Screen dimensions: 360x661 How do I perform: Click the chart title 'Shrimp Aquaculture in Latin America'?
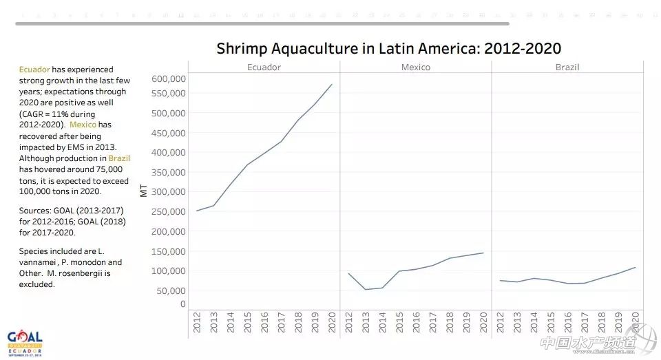pyautogui.click(x=388, y=48)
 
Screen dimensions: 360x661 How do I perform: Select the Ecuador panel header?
pyautogui.click(x=264, y=67)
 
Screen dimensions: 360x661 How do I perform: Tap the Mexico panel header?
pyautogui.click(x=415, y=67)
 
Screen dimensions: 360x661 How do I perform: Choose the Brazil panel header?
pyautogui.click(x=567, y=67)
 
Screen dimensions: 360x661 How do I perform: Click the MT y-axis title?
pyautogui.click(x=144, y=190)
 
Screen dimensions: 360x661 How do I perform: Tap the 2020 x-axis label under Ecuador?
pyautogui.click(x=331, y=321)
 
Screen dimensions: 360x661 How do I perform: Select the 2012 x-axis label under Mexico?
pyautogui.click(x=348, y=321)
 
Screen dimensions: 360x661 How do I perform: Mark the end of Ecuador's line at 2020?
pyautogui.click(x=331, y=85)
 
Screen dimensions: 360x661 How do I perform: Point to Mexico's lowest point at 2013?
pyautogui.click(x=365, y=289)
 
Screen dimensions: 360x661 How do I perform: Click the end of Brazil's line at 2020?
pyautogui.click(x=635, y=267)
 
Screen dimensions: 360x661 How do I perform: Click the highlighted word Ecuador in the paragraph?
pyautogui.click(x=34, y=70)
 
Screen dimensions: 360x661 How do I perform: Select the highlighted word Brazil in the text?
pyautogui.click(x=119, y=158)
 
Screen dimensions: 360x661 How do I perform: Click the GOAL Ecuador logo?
pyautogui.click(x=25, y=341)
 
